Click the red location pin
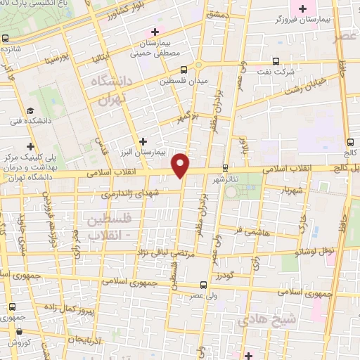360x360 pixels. pyautogui.click(x=181, y=165)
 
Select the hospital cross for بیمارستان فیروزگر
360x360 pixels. pyautogui.click(x=303, y=9)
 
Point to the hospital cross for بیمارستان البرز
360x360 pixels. pyautogui.click(x=144, y=141)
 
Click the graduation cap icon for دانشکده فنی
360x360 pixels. pyautogui.click(x=30, y=111)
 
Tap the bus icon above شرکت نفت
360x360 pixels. pyautogui.click(x=276, y=61)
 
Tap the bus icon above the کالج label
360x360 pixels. pyautogui.click(x=349, y=141)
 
